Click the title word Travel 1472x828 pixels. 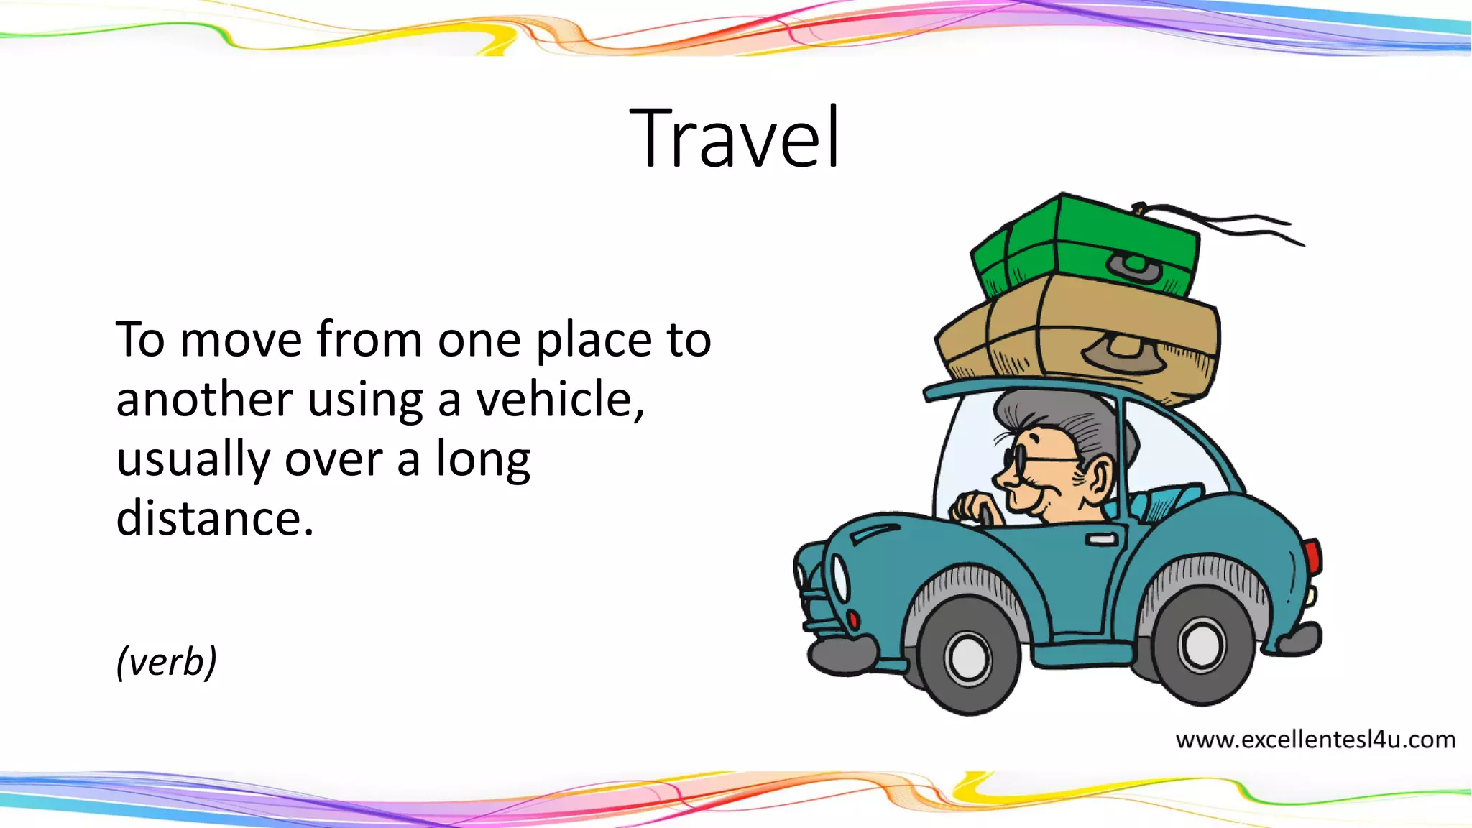(x=735, y=138)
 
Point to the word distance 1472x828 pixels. (x=215, y=517)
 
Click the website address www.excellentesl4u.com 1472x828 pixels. (x=1315, y=740)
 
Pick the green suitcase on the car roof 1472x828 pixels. (x=1085, y=244)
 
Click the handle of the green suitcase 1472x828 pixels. (x=1136, y=268)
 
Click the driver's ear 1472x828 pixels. (x=1096, y=478)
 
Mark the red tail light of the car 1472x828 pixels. (x=1312, y=557)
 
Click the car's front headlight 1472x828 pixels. (x=839, y=579)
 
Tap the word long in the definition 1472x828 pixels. (x=483, y=460)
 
